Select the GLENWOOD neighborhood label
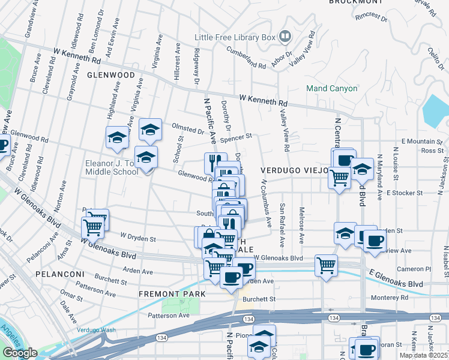(111, 75)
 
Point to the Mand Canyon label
(332, 88)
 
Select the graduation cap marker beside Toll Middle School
(145, 157)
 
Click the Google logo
(20, 353)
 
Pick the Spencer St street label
(237, 137)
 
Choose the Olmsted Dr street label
(188, 130)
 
